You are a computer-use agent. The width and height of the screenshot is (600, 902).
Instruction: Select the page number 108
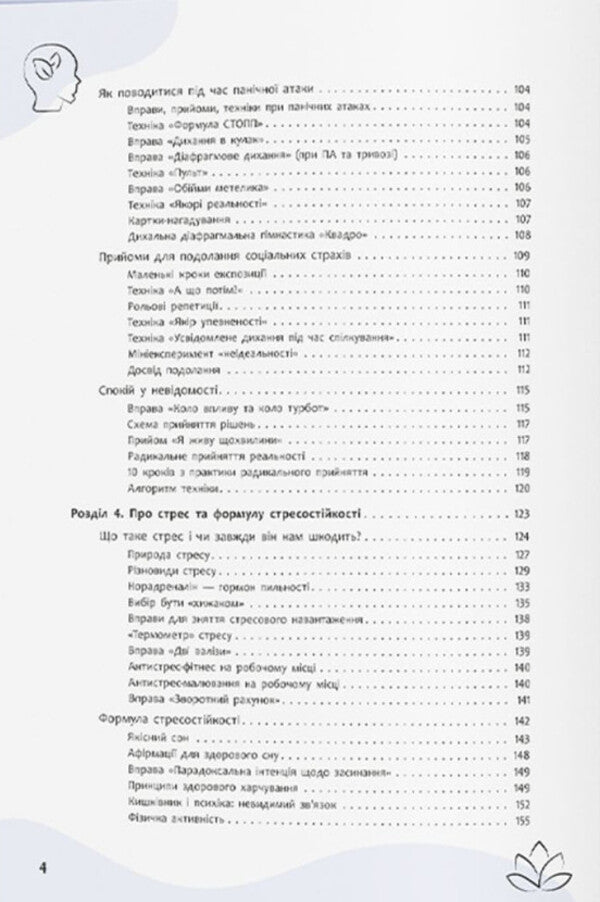(x=520, y=236)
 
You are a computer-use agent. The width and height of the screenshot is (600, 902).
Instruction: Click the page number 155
(x=520, y=822)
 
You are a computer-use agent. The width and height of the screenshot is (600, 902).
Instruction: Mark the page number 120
(x=520, y=490)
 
